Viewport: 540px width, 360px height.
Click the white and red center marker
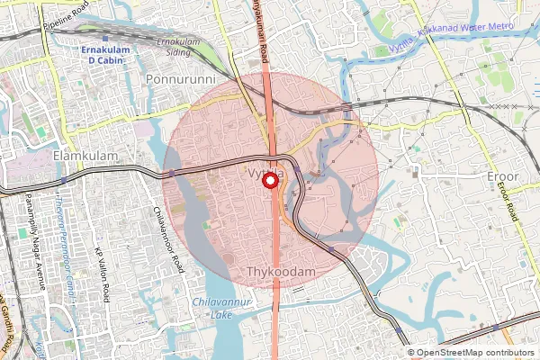(x=269, y=181)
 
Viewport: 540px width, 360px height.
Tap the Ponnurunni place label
(x=181, y=80)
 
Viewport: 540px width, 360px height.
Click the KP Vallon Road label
(x=103, y=272)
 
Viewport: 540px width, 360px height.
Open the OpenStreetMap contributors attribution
(x=475, y=353)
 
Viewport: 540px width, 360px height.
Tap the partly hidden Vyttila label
(x=265, y=171)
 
